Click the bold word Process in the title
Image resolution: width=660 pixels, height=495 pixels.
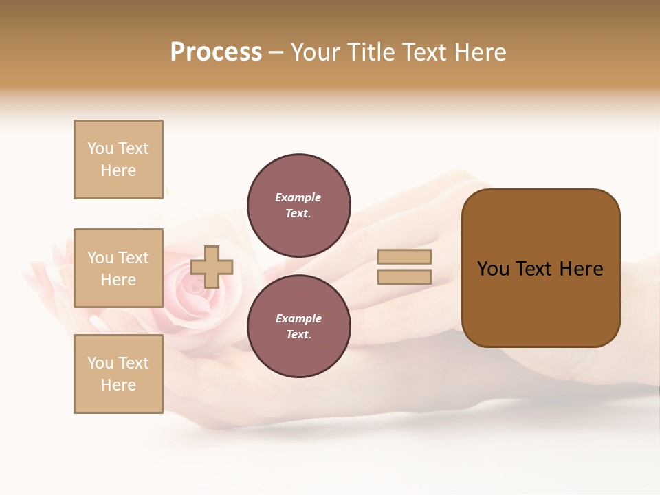point(216,52)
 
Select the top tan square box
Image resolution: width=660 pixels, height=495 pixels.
point(118,159)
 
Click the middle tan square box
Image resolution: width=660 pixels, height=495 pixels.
point(118,268)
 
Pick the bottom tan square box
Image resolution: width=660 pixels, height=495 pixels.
point(118,374)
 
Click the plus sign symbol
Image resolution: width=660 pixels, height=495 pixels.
point(212,267)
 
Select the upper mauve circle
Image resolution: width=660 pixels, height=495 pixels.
point(298,206)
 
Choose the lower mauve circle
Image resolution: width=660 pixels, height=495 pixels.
point(298,327)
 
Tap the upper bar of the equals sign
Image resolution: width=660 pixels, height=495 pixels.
point(405,257)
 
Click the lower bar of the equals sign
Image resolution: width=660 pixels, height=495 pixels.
point(405,277)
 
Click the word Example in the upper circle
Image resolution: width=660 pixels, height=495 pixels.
point(298,197)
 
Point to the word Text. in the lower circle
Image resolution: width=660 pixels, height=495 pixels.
point(298,335)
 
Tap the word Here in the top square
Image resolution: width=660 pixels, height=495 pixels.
point(118,170)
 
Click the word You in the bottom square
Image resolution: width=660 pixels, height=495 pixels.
point(100,363)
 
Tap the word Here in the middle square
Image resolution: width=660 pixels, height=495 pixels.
point(118,280)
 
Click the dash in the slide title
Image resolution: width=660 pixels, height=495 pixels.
point(276,53)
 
